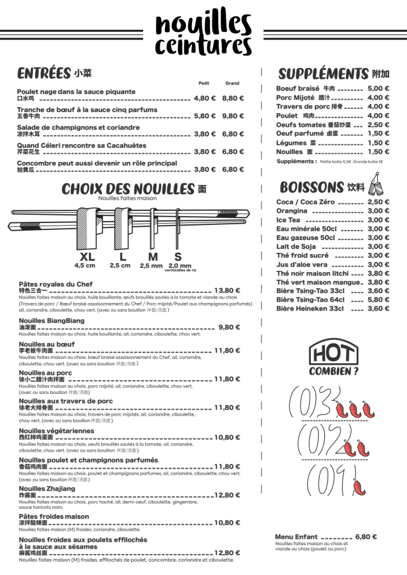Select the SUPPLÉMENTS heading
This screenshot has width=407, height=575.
(x=323, y=73)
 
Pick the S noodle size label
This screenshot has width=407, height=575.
(x=178, y=257)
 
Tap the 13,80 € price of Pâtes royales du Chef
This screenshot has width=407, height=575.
(x=227, y=290)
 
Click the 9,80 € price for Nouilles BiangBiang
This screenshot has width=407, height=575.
(x=229, y=327)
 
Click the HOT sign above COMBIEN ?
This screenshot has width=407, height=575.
(x=332, y=352)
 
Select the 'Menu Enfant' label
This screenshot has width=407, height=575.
(x=296, y=537)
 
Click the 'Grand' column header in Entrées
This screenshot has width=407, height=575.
(x=231, y=83)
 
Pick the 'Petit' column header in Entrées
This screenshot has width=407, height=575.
(x=204, y=83)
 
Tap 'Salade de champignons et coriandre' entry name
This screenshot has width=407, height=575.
(x=78, y=127)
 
